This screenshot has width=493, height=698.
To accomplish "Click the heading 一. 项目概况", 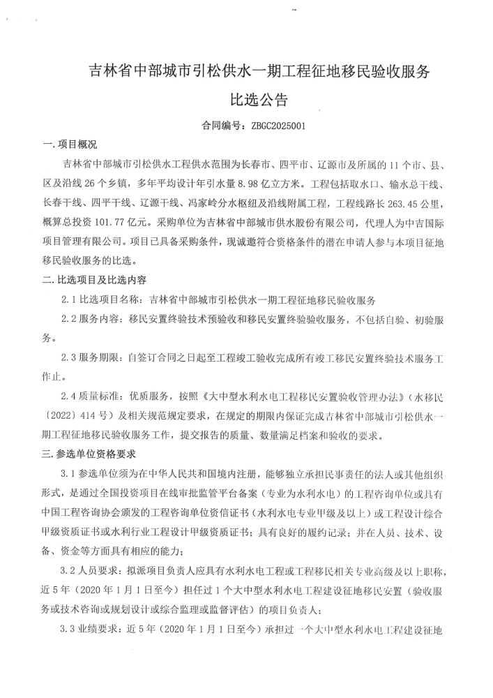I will point(70,144).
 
